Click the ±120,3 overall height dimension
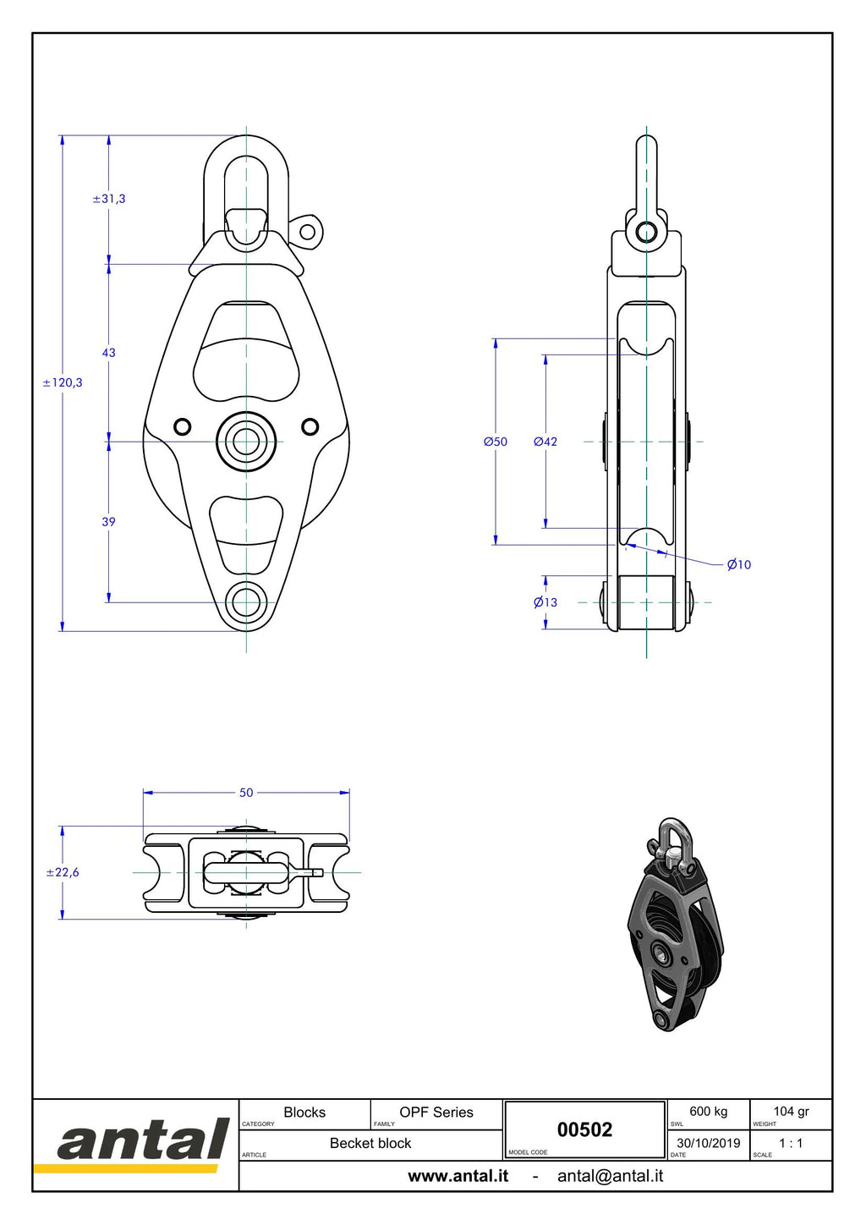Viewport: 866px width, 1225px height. coord(63,382)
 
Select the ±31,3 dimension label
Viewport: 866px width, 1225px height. coord(109,199)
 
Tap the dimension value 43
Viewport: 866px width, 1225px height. coord(109,353)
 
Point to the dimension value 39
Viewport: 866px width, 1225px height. coord(109,522)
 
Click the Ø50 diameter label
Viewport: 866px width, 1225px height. coord(496,442)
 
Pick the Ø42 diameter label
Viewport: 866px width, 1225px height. coord(545,442)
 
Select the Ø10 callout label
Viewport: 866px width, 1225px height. coord(739,565)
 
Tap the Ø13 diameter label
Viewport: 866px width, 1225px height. coord(545,602)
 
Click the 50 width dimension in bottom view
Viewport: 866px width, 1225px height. coord(246,793)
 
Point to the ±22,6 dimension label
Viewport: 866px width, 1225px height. coord(63,872)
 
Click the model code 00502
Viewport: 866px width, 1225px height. coord(584,1130)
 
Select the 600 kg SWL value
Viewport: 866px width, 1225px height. coord(709,1112)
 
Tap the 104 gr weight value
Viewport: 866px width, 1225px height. coord(791,1112)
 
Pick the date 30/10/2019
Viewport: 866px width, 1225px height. coord(709,1143)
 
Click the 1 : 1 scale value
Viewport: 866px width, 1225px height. coord(791,1143)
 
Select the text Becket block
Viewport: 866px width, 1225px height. coord(370,1143)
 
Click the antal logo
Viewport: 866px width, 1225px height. coord(142,1146)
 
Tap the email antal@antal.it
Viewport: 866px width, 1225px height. coord(610,1176)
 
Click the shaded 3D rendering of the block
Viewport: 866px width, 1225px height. coord(676,925)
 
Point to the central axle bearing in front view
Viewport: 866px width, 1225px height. coord(247,442)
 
